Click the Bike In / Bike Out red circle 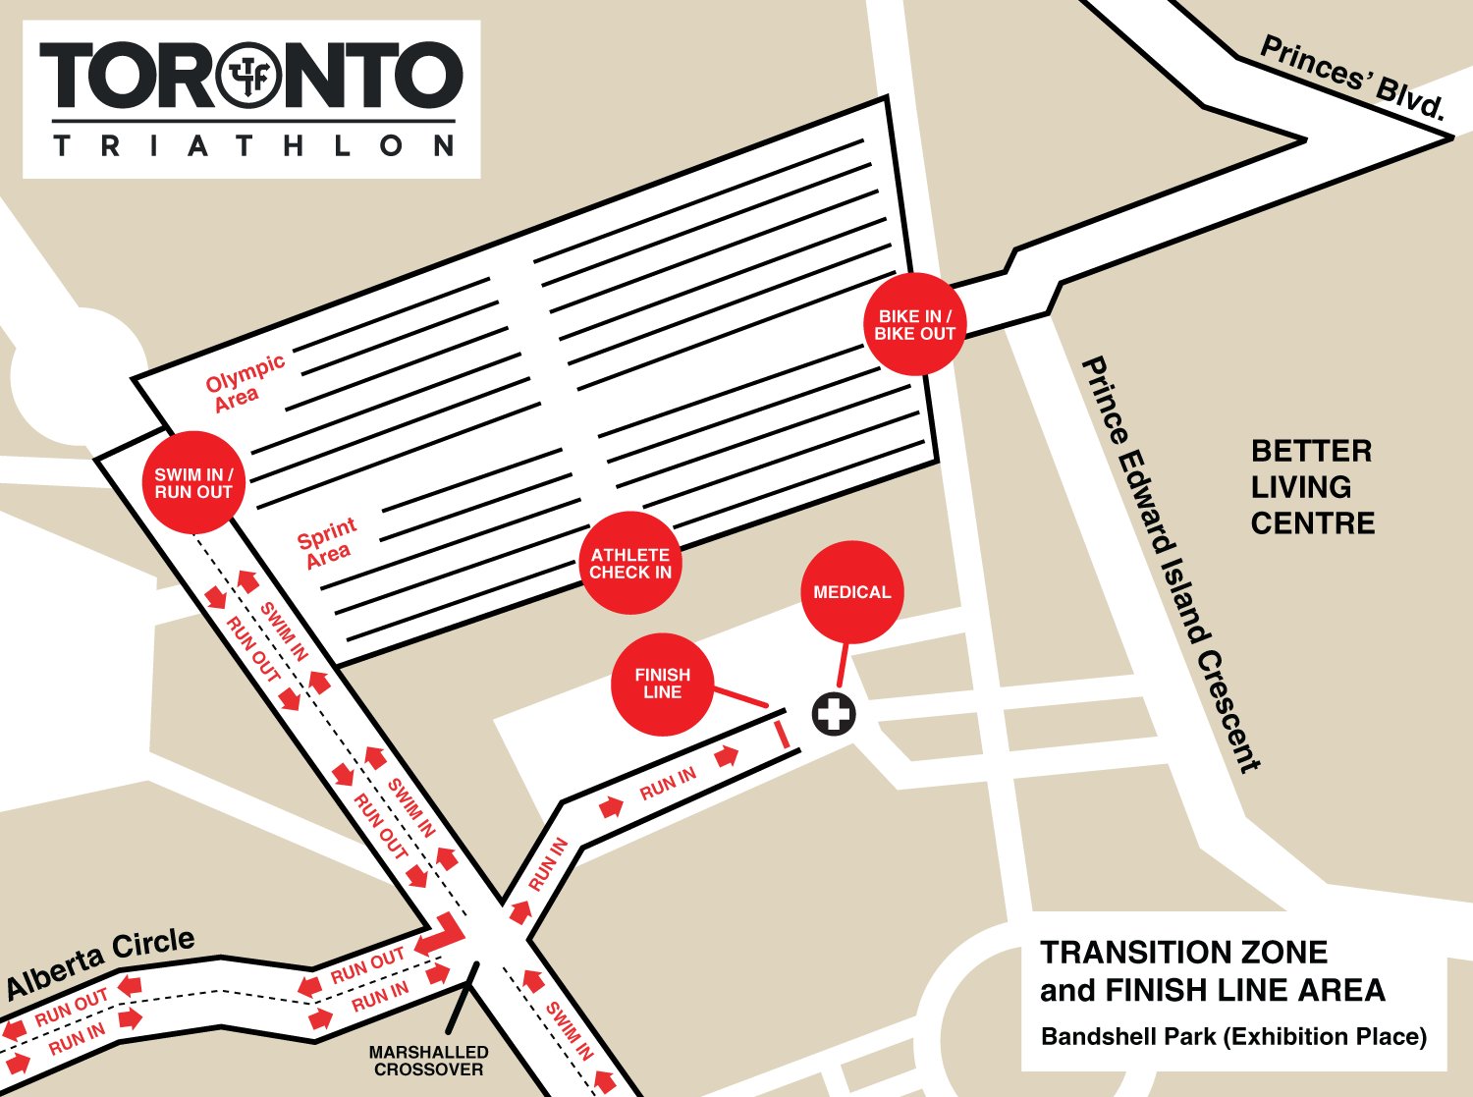(x=914, y=325)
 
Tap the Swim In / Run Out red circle (x=193, y=483)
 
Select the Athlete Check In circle (x=630, y=564)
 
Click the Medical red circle (x=851, y=592)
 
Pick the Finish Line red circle (x=662, y=684)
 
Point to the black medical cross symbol (x=834, y=714)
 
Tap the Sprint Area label (x=327, y=543)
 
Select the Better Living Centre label (x=1312, y=487)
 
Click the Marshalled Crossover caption (x=428, y=1061)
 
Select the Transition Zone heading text (x=1184, y=953)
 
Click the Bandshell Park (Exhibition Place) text (x=1233, y=1036)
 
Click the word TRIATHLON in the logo (x=253, y=146)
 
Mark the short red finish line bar (x=782, y=736)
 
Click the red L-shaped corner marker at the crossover (x=443, y=934)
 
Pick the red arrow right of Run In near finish (x=727, y=757)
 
